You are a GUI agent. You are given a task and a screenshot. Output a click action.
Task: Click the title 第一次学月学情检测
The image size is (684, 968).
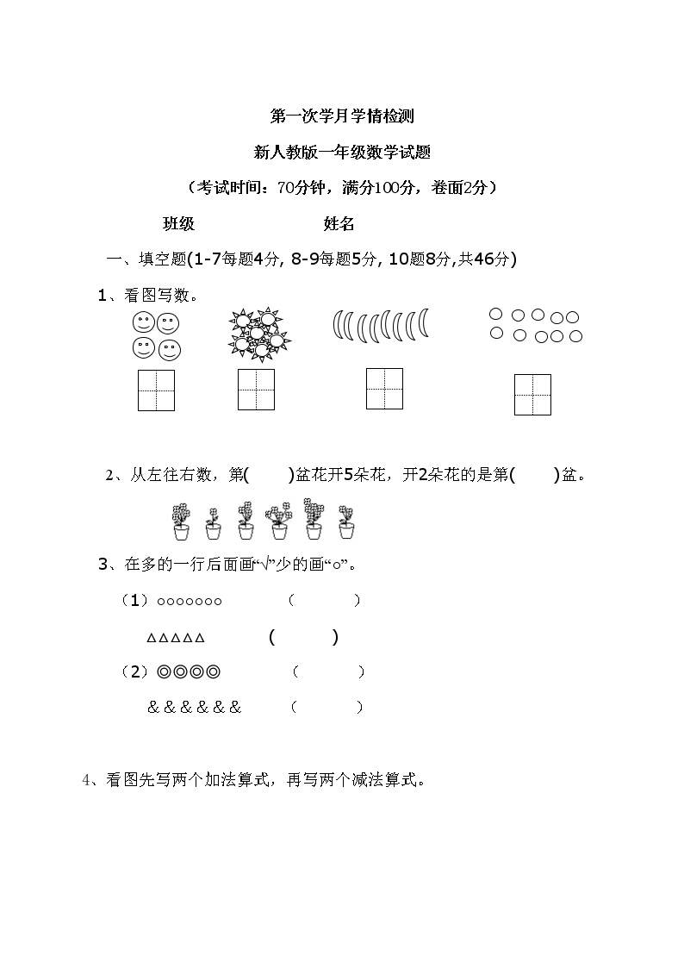coord(342,116)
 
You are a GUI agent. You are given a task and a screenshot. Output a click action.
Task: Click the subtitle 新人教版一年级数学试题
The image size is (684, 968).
coord(342,153)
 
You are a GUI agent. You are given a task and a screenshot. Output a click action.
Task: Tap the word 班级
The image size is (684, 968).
coord(179,224)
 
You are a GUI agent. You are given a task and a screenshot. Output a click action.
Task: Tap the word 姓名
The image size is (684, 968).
coord(339,224)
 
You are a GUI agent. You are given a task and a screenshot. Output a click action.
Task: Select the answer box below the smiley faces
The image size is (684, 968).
coord(156,390)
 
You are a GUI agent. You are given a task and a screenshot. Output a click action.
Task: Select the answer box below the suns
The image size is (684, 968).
coord(256,390)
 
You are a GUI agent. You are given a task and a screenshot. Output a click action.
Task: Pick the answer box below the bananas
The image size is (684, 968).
coord(384,388)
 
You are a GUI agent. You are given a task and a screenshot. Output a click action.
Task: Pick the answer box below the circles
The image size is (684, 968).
coord(532,394)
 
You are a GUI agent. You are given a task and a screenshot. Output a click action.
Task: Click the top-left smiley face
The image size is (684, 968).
coord(143,323)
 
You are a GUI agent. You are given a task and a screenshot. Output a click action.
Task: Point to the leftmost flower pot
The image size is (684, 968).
coord(180,522)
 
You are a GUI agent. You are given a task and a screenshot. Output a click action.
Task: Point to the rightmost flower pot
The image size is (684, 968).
coord(346,522)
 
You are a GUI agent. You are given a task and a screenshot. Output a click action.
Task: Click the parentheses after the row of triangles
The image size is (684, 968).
coord(303,638)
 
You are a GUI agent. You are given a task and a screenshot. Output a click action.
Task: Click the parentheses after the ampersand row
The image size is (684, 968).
coord(327,708)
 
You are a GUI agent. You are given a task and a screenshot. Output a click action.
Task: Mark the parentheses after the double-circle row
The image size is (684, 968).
coord(328,671)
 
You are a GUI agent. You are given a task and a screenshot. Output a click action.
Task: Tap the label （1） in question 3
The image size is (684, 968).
coord(134,601)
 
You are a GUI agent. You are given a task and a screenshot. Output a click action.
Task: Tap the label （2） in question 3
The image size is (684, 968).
coord(134,671)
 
